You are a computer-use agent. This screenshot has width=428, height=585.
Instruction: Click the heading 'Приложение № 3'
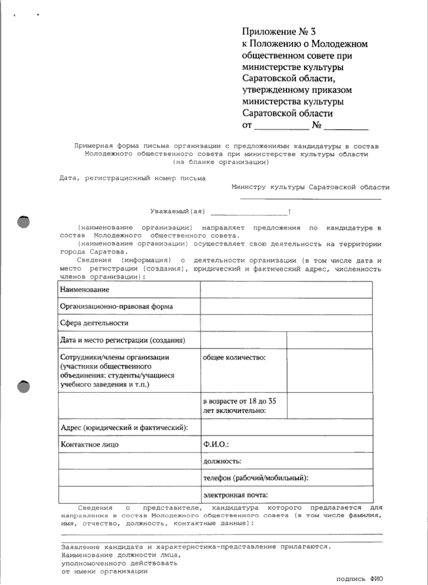[x=279, y=32]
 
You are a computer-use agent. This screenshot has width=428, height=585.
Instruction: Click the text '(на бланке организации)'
[x=221, y=162]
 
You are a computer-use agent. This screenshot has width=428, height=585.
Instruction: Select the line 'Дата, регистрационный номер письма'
[x=132, y=178]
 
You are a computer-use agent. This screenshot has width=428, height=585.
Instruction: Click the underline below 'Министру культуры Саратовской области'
[x=310, y=198]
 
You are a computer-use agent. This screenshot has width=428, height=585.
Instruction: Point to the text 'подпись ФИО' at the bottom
[x=359, y=579]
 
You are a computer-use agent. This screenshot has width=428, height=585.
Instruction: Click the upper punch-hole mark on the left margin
[x=23, y=222]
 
